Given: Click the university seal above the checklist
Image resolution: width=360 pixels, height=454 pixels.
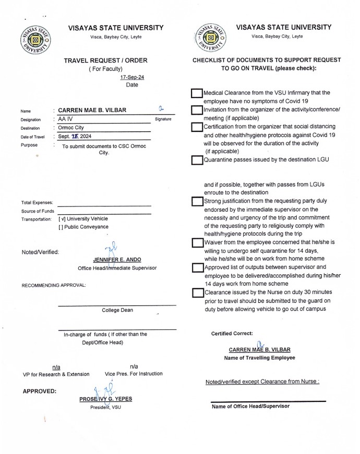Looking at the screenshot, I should (212, 39).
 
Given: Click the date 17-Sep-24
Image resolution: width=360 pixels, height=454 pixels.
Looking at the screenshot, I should (132, 77).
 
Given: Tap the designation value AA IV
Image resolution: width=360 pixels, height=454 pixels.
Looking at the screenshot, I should (66, 119).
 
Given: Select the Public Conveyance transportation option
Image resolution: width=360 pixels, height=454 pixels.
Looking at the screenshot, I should (62, 227).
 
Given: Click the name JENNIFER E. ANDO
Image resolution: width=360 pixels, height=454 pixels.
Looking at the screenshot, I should (116, 260).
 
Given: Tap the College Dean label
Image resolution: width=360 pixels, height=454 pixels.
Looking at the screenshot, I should (117, 310).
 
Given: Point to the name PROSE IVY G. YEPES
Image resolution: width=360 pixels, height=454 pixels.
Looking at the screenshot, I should (105, 399).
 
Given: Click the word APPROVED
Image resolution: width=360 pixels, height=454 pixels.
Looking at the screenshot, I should (40, 391).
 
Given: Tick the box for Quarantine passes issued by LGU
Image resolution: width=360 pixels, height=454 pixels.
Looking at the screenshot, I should (197, 160).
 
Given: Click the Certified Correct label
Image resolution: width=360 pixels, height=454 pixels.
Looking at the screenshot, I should (232, 334).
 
